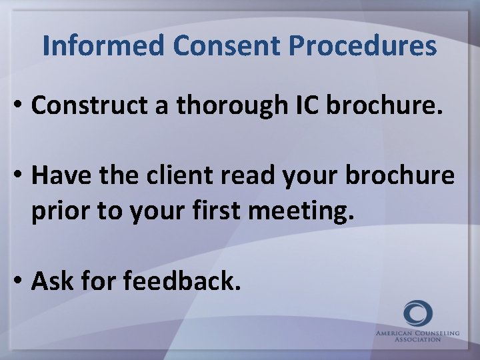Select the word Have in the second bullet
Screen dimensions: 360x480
click(x=59, y=175)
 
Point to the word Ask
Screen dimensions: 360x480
click(x=52, y=281)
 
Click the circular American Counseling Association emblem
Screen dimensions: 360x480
click(x=417, y=314)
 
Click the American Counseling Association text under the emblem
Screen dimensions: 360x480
click(x=417, y=335)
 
